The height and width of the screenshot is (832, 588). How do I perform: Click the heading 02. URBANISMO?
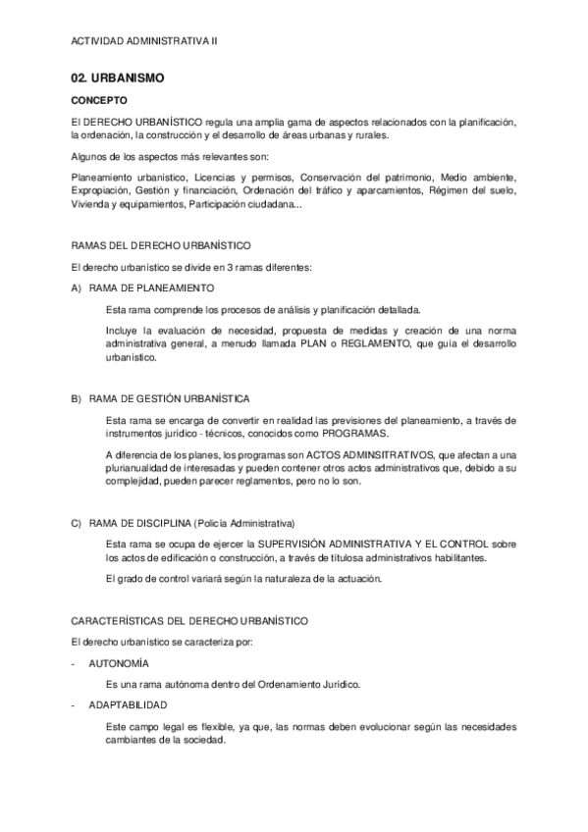[x=118, y=77]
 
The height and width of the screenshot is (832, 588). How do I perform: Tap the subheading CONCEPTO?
[x=99, y=100]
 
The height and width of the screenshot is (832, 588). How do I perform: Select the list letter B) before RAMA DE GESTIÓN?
[x=77, y=398]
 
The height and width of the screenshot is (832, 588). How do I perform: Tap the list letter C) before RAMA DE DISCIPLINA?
[x=77, y=522]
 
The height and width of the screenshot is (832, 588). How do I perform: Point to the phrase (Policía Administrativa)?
[x=244, y=522]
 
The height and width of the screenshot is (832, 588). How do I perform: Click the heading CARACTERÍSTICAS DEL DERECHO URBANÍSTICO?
[x=190, y=620]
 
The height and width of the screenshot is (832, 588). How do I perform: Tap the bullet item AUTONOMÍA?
[x=120, y=663]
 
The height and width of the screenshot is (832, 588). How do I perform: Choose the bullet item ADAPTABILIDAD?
[x=128, y=704]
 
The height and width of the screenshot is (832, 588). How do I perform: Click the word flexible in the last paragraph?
[x=220, y=726]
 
